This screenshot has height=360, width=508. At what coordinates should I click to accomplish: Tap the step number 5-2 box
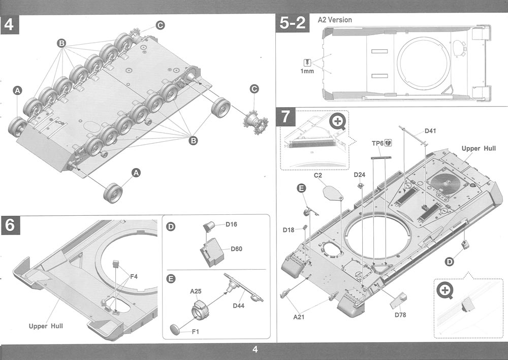[x=292, y=24]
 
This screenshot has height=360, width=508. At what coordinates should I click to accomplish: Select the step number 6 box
[x=11, y=225]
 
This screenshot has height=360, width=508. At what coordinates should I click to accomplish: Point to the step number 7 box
[x=286, y=117]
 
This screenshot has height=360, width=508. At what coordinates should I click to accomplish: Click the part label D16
[x=231, y=224]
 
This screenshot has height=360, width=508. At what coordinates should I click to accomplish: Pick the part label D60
[x=236, y=249]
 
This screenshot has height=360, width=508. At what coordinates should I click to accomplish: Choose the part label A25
[x=196, y=291]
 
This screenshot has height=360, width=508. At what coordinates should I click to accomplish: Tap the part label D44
[x=239, y=306]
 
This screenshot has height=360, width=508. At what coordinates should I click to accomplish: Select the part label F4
[x=134, y=277]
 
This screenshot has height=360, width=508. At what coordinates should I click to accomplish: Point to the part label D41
[x=430, y=131]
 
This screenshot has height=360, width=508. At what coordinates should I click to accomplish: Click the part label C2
[x=319, y=175]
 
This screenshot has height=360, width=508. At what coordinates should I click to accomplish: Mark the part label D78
[x=400, y=315]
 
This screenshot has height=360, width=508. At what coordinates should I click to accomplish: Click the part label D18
[x=289, y=230]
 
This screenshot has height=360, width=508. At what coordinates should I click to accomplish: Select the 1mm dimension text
[x=307, y=72]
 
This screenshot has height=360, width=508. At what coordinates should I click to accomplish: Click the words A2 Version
[x=335, y=20]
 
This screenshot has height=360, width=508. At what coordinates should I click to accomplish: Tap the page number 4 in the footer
[x=255, y=349]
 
